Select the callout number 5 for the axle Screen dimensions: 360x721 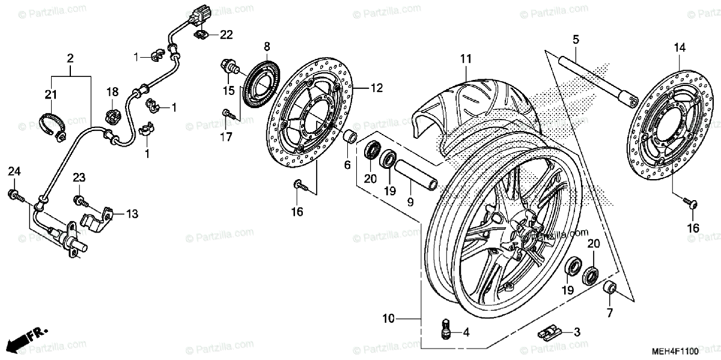coord(576,40)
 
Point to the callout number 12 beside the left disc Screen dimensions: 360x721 coord(376,88)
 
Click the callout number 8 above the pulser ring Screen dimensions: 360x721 coord(267,46)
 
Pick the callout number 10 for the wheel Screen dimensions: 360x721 coord(388,319)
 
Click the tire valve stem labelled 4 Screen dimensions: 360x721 coord(445,329)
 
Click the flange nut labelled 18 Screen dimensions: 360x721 coord(112,114)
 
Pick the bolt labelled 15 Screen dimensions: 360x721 coord(229,66)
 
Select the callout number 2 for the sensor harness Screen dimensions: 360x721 coord(70,58)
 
